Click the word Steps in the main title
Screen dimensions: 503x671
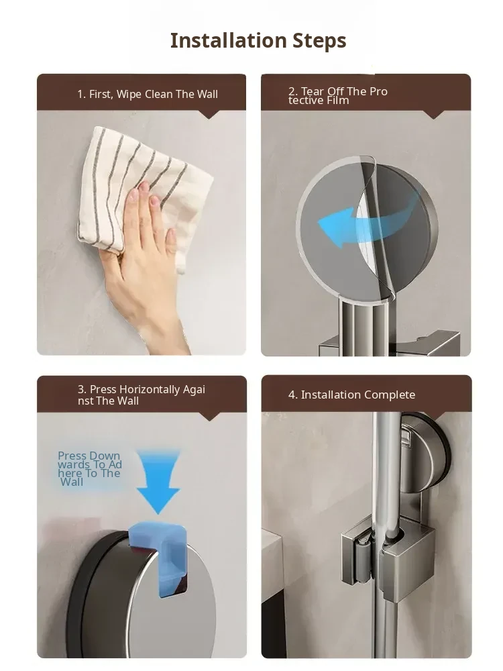pos(319,42)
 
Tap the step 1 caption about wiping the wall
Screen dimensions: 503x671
pos(148,94)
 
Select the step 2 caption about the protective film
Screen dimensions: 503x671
pos(338,96)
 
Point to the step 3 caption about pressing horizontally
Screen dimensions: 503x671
pos(141,395)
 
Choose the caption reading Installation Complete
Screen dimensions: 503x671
pos(351,395)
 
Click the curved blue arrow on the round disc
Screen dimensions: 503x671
pos(368,223)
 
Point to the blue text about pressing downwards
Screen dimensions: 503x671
pos(90,469)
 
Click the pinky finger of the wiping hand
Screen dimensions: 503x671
pos(171,249)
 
